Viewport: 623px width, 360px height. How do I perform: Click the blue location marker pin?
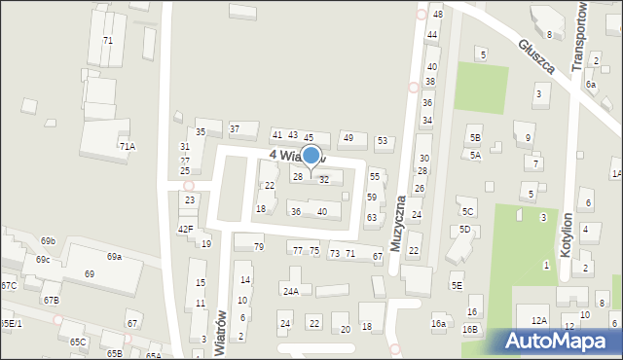(311, 156)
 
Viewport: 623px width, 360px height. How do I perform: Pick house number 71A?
(128, 146)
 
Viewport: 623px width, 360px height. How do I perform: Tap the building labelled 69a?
(115, 257)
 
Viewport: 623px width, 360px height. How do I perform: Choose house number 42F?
(186, 230)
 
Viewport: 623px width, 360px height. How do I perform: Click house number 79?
(259, 247)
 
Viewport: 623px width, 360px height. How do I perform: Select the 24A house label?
(290, 291)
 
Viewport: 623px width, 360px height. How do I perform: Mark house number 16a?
(438, 324)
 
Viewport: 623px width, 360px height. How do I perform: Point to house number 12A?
(538, 320)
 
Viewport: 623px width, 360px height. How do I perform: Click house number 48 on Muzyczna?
(437, 15)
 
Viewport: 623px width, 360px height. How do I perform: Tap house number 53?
(383, 141)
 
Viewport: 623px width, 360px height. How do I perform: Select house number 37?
(235, 129)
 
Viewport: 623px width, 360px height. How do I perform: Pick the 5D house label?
(464, 230)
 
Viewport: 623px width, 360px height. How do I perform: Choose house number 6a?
(591, 85)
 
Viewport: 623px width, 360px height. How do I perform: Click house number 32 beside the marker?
(324, 180)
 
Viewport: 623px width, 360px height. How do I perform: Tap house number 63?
(371, 217)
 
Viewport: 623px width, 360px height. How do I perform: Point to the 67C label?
(9, 285)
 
